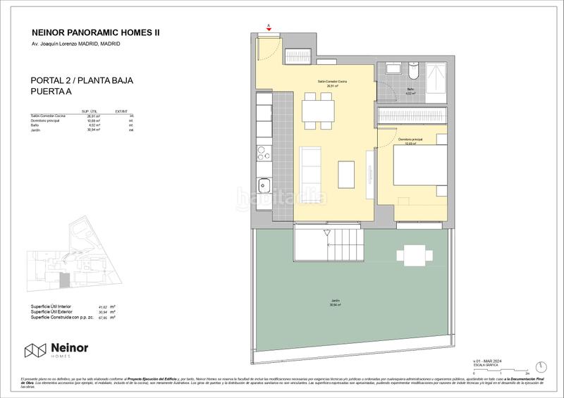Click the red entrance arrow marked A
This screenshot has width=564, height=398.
coord(269,29)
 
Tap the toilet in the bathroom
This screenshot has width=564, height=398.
coord(413,73)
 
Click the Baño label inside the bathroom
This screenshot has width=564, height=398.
coord(410,89)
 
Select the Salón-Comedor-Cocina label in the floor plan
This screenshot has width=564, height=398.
coord(331,82)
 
